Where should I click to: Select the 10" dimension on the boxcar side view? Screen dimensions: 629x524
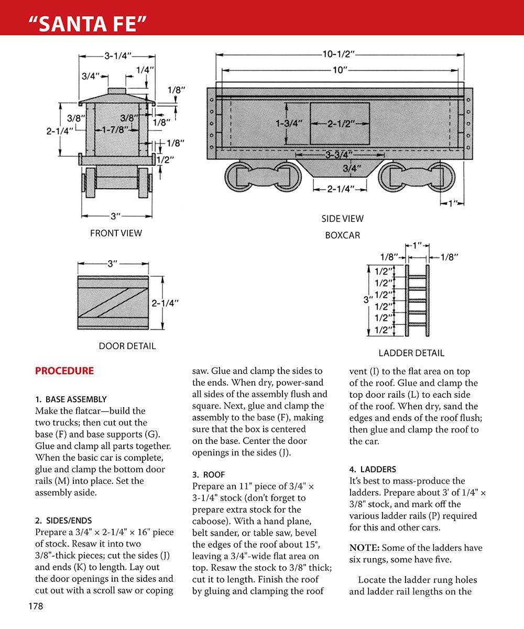pos(340,70)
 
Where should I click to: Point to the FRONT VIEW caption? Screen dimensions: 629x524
pos(116,233)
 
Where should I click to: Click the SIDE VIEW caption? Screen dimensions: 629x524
pos(342,219)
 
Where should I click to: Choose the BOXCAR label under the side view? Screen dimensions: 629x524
pos(342,235)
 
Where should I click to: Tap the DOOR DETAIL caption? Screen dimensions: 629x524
pos(127,346)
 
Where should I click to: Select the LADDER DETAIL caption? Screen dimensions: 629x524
pos(411,353)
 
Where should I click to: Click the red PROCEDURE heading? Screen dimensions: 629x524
pos(64,371)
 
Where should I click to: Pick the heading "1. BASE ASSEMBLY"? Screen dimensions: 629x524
pos(71,399)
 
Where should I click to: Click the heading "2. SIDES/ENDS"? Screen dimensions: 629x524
pos(63,520)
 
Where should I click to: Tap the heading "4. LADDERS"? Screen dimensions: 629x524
pos(373,469)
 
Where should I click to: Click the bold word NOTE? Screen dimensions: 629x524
pos(364,548)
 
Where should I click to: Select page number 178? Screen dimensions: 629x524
pos(36,606)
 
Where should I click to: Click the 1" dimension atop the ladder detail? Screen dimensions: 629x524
pos(418,245)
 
